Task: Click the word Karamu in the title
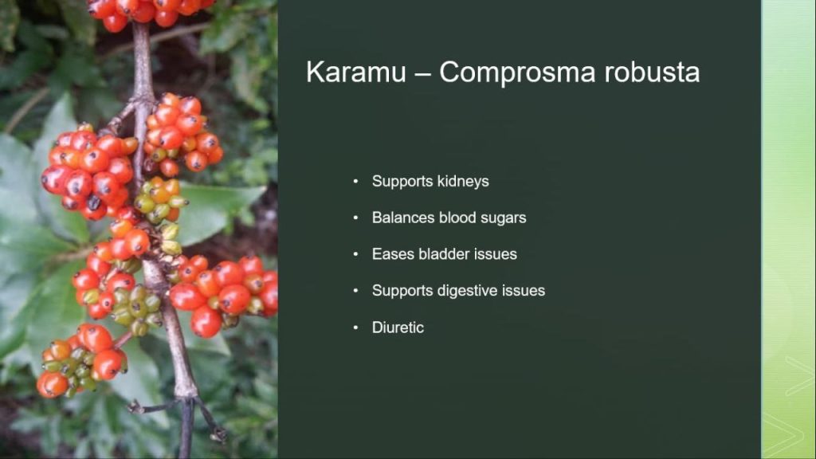[x=356, y=72]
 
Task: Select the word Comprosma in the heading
[x=517, y=73]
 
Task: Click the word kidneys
[x=463, y=182]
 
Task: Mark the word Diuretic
[x=398, y=328]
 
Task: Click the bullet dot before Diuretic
[x=356, y=328]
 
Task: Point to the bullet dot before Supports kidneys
[x=356, y=182]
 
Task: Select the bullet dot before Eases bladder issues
[x=356, y=254]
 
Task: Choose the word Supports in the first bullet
[x=402, y=182]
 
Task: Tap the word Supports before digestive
[x=402, y=291]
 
